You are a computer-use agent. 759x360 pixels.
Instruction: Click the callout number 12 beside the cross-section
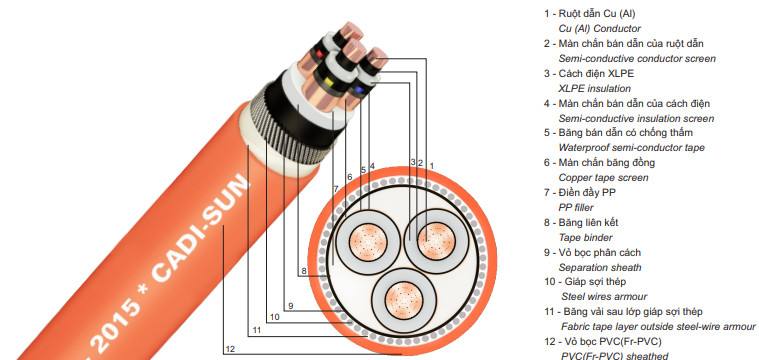[231, 350]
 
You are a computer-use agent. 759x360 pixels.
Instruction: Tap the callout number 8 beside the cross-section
[303, 271]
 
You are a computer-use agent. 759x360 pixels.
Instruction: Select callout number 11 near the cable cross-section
[257, 329]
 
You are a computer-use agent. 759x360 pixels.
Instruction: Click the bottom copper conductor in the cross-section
[402, 299]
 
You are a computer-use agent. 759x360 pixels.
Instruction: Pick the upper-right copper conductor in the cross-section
[436, 240]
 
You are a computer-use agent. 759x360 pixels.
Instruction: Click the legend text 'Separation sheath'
[600, 268]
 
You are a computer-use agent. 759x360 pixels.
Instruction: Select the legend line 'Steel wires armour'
[604, 297]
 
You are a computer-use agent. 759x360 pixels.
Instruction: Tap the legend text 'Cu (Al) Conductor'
[600, 29]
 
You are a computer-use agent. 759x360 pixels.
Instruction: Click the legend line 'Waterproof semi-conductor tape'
[632, 148]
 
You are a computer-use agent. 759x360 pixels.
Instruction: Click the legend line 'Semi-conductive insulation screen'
[636, 118]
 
